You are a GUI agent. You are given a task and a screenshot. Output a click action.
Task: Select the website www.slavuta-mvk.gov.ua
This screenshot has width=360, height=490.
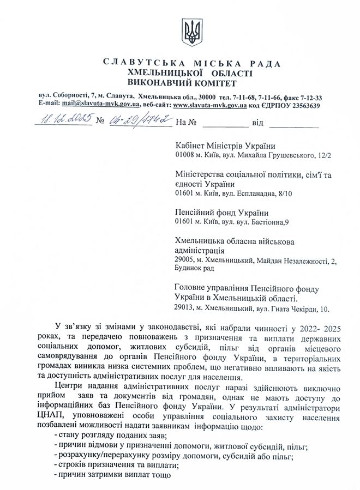tap(211, 105)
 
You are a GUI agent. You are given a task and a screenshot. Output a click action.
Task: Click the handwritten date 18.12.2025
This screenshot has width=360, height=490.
tap(64, 120)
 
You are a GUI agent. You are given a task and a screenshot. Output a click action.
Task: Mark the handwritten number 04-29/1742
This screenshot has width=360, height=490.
tap(139, 120)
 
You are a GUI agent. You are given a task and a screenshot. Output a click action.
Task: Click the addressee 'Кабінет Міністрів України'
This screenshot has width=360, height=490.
tap(225, 146)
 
